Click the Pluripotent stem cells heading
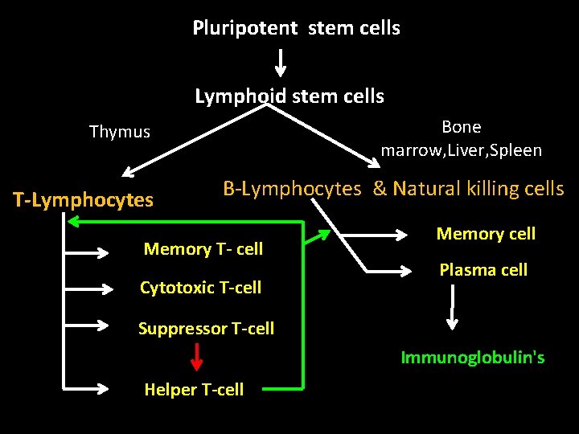(x=296, y=28)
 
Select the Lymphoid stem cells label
(x=289, y=97)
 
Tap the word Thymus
(x=120, y=132)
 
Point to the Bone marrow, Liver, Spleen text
(x=462, y=139)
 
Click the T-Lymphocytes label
(x=83, y=200)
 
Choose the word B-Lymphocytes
(x=292, y=189)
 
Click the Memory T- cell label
(x=203, y=249)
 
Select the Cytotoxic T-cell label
(x=200, y=288)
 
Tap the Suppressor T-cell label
(x=206, y=329)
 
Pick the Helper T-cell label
(x=194, y=390)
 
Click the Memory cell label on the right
(x=486, y=234)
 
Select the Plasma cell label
(x=483, y=270)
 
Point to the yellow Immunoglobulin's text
(x=473, y=358)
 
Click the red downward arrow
(x=195, y=356)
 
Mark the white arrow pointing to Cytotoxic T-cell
(x=88, y=287)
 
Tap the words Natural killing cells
(x=478, y=189)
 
